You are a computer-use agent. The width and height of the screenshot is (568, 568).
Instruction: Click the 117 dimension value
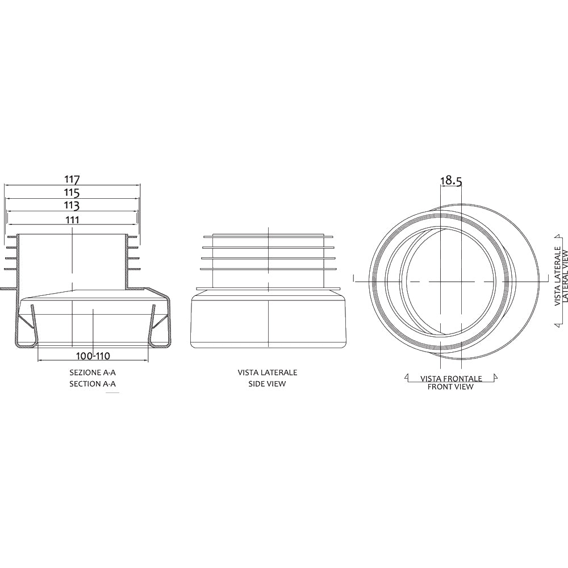pyautogui.click(x=72, y=179)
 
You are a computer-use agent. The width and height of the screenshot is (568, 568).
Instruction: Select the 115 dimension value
pyautogui.click(x=72, y=193)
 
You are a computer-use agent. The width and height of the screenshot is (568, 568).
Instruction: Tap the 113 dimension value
pyautogui.click(x=72, y=206)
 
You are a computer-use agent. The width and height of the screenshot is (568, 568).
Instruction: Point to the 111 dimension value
pyautogui.click(x=72, y=220)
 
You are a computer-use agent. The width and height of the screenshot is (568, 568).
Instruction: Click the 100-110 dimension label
pyautogui.click(x=93, y=356)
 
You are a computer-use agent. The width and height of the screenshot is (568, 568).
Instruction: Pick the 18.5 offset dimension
pyautogui.click(x=451, y=181)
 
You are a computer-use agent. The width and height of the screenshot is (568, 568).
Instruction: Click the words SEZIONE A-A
pyautogui.click(x=93, y=373)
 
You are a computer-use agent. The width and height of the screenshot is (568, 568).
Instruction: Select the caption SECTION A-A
pyautogui.click(x=93, y=384)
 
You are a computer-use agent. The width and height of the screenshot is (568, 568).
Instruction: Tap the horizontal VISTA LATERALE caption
pyautogui.click(x=268, y=373)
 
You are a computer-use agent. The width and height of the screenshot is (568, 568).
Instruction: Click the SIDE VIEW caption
pyautogui.click(x=267, y=384)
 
